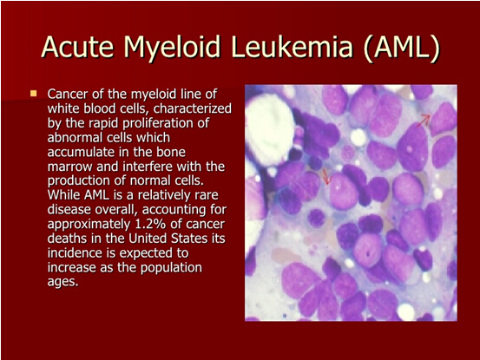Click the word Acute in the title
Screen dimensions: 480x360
click(77, 47)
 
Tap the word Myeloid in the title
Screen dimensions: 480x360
click(172, 49)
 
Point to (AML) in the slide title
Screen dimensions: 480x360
click(402, 48)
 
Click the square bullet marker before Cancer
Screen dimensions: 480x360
click(33, 94)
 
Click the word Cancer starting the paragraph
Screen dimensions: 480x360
click(68, 94)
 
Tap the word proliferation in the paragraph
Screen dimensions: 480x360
click(166, 123)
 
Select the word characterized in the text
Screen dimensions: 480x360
click(192, 108)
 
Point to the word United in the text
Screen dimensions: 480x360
click(148, 239)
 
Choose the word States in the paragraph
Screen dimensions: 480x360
click(189, 239)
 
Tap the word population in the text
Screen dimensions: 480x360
click(171, 268)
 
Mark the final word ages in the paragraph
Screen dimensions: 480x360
click(62, 282)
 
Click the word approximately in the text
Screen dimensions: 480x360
click(89, 225)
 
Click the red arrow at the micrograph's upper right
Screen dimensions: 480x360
click(424, 121)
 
